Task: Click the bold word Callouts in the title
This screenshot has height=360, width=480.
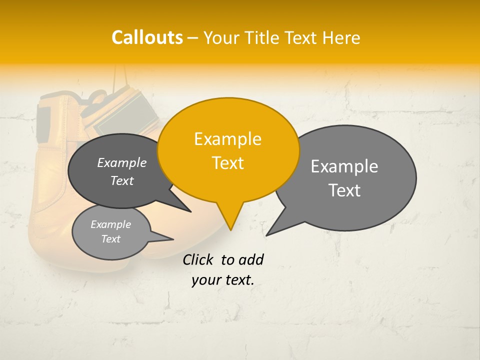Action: point(147,37)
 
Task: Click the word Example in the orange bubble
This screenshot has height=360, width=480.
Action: point(227,139)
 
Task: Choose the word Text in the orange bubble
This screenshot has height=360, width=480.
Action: point(227,163)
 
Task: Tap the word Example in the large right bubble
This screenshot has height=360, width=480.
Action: point(344,166)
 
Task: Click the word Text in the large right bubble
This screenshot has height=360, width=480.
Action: point(345,190)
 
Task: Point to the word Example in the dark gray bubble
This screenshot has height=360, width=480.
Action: point(121,163)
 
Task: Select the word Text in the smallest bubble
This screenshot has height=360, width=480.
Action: point(110,239)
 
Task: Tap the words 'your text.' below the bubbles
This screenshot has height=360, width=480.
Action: point(223,280)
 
